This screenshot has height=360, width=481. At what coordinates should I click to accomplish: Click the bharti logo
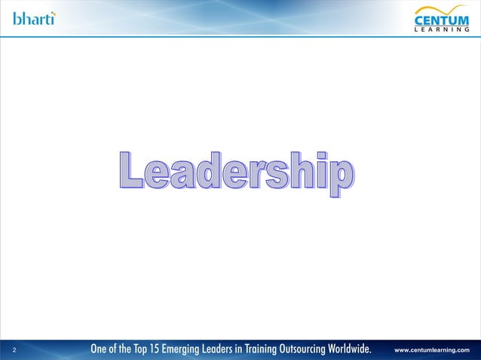pos(34,18)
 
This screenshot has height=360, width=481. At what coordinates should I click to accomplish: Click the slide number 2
pos(16,349)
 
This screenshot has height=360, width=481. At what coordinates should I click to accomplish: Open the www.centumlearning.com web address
pos(433,350)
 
